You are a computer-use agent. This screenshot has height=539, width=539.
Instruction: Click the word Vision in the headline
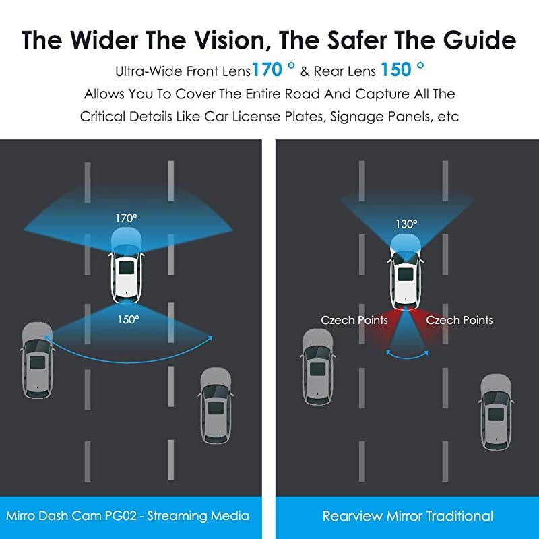click(230, 40)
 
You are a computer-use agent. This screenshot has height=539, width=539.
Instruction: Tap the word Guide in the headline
click(480, 40)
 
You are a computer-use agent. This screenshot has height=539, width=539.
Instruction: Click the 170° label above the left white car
click(126, 218)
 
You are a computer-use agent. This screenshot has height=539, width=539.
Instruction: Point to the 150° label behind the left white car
click(128, 319)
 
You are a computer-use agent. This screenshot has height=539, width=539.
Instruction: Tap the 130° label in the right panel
click(406, 224)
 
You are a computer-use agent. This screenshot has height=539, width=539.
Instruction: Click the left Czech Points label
click(354, 321)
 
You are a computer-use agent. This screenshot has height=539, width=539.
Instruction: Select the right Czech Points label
click(459, 321)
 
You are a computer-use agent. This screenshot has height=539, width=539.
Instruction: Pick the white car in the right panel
click(406, 272)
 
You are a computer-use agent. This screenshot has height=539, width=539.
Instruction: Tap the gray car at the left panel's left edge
click(38, 360)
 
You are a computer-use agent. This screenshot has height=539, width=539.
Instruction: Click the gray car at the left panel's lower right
click(216, 406)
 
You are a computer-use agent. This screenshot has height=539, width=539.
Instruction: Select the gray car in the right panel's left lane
click(317, 367)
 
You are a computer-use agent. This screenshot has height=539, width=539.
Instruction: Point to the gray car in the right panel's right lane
click(496, 412)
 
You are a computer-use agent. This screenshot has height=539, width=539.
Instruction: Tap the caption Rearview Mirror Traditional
click(408, 516)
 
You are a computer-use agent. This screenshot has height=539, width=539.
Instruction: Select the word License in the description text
click(257, 117)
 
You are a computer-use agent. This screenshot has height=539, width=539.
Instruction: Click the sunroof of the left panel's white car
click(126, 267)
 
